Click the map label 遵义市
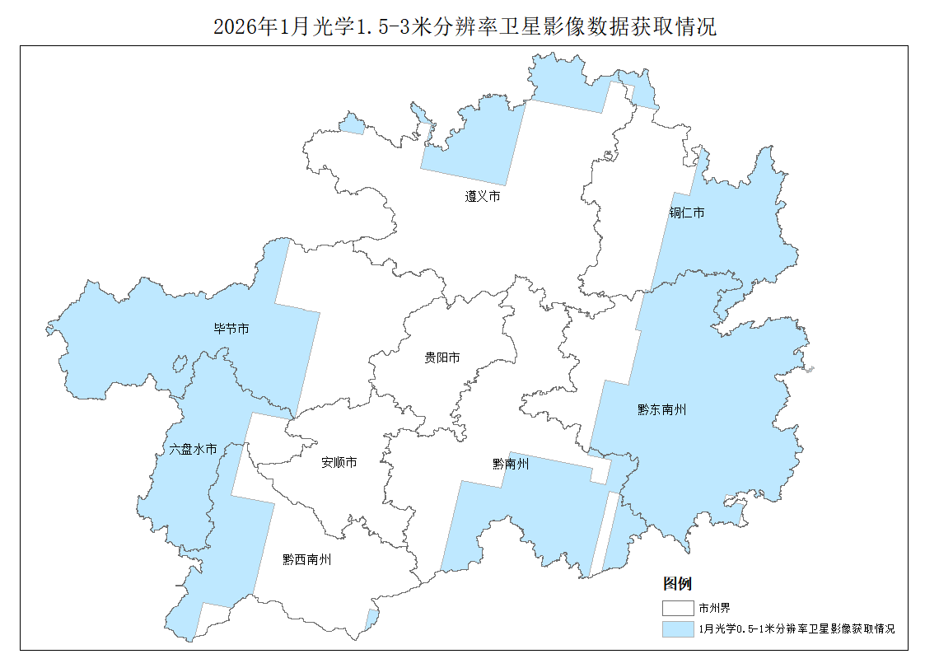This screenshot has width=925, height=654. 483,197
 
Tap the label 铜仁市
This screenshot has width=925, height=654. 686,213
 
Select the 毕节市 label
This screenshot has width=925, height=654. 231,329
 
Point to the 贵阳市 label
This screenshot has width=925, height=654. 441,357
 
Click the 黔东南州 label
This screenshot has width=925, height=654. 661,409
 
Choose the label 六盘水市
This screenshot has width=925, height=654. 193,450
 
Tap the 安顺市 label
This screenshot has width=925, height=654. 339,463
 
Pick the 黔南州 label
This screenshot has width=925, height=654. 511,465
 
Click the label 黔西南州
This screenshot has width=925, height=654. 306,559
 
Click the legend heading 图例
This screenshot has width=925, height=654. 677,584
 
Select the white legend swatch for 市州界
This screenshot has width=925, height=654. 678,609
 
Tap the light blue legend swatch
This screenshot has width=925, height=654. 678,628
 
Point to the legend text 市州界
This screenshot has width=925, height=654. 714,609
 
